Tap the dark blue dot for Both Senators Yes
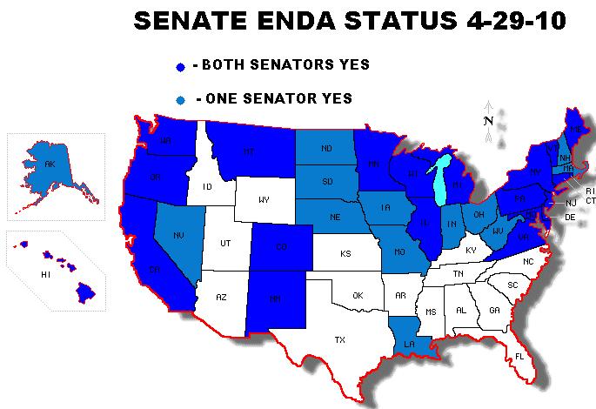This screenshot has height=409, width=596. point(180,66)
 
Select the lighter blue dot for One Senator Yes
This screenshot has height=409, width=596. point(180,99)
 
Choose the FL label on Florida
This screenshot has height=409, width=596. point(519,356)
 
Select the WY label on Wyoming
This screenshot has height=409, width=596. point(264,200)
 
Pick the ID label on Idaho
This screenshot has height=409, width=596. point(207,186)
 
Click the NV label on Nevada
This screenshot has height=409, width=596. point(178,235)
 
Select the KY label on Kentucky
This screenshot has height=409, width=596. point(471,251)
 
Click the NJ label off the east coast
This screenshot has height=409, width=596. point(571,203)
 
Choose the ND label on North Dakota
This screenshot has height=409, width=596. point(326,149)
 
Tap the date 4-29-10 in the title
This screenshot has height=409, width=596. point(492,21)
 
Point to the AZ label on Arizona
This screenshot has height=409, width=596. point(221,298)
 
